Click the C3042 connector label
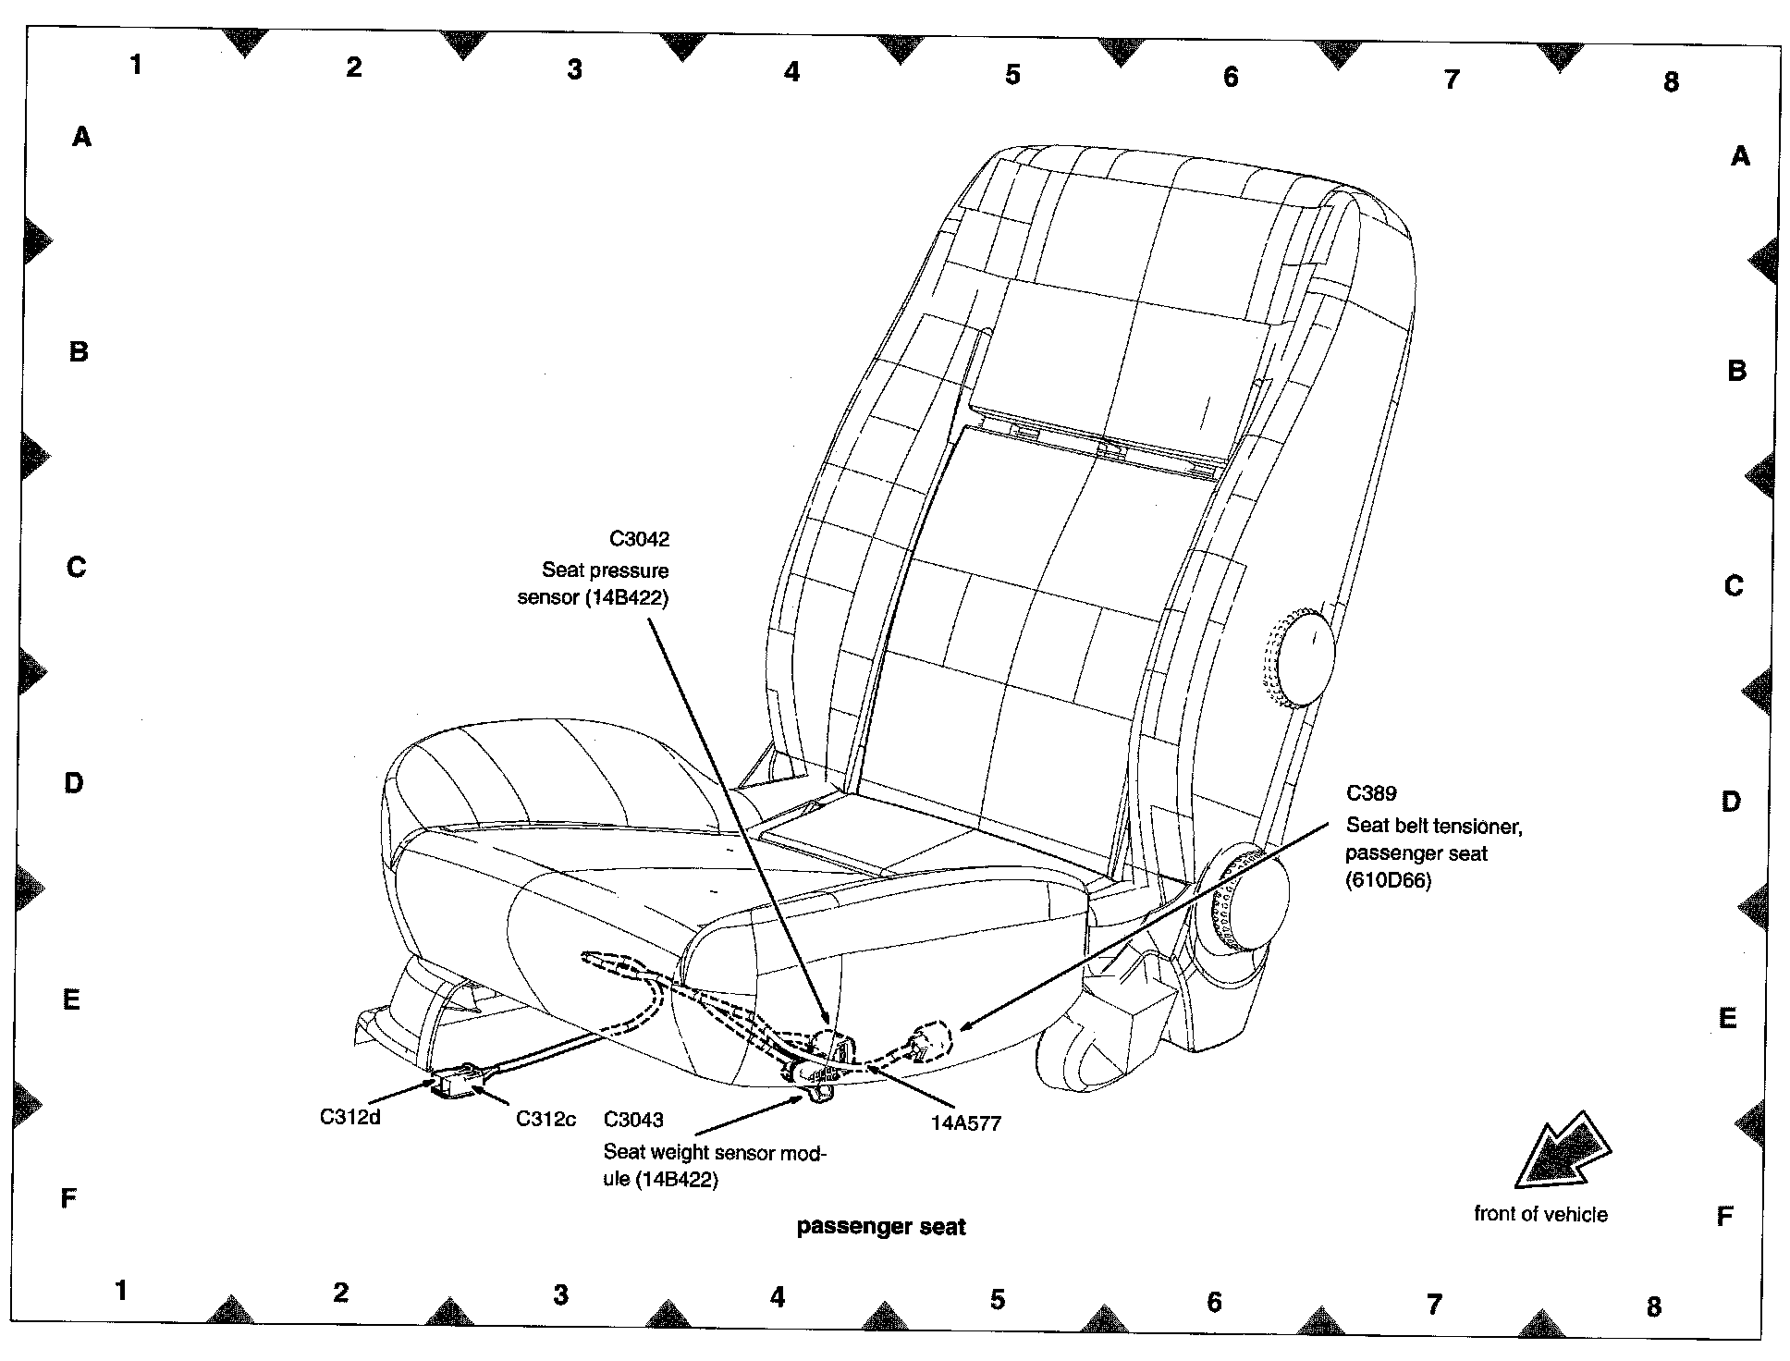pyautogui.click(x=639, y=539)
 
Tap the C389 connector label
pyautogui.click(x=1371, y=792)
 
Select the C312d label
pyautogui.click(x=350, y=1117)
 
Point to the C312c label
pyautogui.click(x=546, y=1119)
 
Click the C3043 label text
pyautogui.click(x=633, y=1120)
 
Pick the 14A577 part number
pyautogui.click(x=965, y=1123)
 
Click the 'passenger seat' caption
pyautogui.click(x=880, y=1227)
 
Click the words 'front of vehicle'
pyautogui.click(x=1540, y=1214)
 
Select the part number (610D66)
pyautogui.click(x=1388, y=880)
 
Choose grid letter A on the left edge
pyautogui.click(x=82, y=138)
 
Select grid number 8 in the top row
pyautogui.click(x=1670, y=82)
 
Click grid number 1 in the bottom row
pyautogui.click(x=121, y=1290)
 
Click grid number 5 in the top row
pyautogui.click(x=1012, y=75)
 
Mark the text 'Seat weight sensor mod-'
pyautogui.click(x=714, y=1152)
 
